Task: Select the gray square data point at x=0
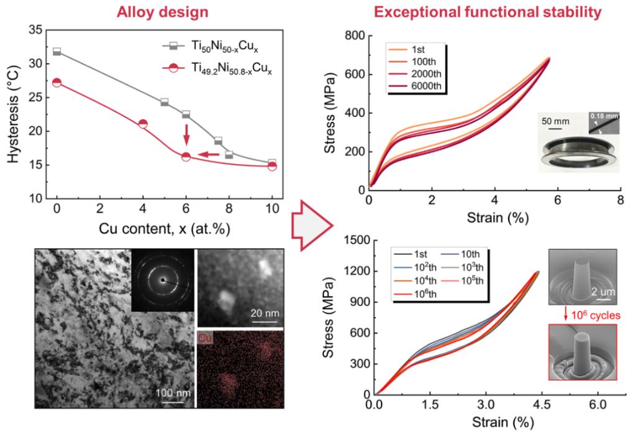57,51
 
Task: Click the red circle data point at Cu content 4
143,124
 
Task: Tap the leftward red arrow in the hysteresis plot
209,154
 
